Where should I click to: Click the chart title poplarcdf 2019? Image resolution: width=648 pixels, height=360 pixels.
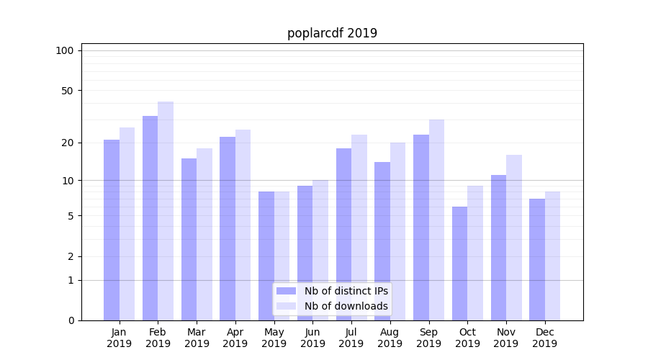[332, 33]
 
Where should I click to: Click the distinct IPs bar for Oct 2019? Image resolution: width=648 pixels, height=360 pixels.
[459, 263]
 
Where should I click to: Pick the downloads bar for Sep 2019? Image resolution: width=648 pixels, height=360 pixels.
[436, 220]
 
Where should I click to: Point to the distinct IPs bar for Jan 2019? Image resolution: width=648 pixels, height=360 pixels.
[112, 230]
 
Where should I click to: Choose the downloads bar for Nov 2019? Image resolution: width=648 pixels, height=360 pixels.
[514, 237]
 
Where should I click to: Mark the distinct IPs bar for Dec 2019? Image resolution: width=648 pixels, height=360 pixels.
[537, 259]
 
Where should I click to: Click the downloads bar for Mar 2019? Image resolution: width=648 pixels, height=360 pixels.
[204, 234]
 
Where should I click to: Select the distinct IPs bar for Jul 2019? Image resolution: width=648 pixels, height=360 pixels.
[343, 234]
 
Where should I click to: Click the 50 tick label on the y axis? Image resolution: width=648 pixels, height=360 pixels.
[68, 91]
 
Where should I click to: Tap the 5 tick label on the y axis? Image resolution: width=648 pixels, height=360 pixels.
[71, 216]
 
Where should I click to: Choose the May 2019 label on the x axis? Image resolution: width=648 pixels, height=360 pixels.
[274, 338]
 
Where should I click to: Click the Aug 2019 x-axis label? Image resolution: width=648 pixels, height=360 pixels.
[390, 338]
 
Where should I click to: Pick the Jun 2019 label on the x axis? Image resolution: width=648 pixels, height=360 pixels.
[312, 338]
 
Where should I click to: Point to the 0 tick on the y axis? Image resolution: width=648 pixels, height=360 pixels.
[71, 320]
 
